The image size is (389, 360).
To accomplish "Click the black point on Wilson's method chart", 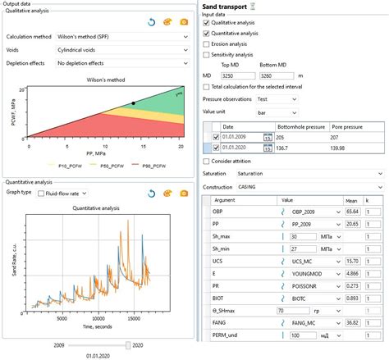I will (133, 103).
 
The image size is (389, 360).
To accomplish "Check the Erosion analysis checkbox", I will (207, 44).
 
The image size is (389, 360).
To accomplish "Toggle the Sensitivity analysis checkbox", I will (207, 55).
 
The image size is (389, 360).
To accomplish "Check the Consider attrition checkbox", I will (207, 162).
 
